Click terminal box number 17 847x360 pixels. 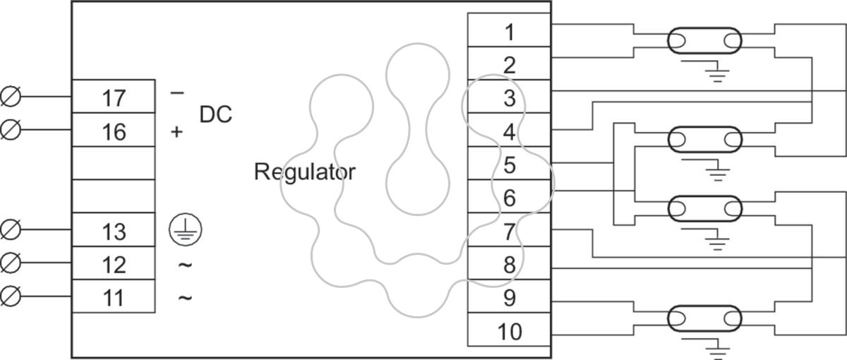114,97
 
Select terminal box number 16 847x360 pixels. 114,130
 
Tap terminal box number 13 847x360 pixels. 114,229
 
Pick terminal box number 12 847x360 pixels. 114,263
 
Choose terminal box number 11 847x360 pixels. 114,296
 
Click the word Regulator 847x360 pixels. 305,172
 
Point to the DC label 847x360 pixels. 215,114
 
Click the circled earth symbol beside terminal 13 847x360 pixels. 185,229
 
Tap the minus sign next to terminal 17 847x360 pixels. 177,92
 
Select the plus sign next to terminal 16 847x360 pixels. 176,131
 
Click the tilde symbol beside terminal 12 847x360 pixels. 185,265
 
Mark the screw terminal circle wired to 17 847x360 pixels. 11,97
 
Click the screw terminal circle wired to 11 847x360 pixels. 11,296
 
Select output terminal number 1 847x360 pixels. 510,30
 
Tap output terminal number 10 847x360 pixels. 510,330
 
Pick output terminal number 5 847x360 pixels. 510,163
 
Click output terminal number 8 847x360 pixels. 510,263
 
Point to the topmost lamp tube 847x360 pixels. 705,40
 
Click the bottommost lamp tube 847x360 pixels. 705,318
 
